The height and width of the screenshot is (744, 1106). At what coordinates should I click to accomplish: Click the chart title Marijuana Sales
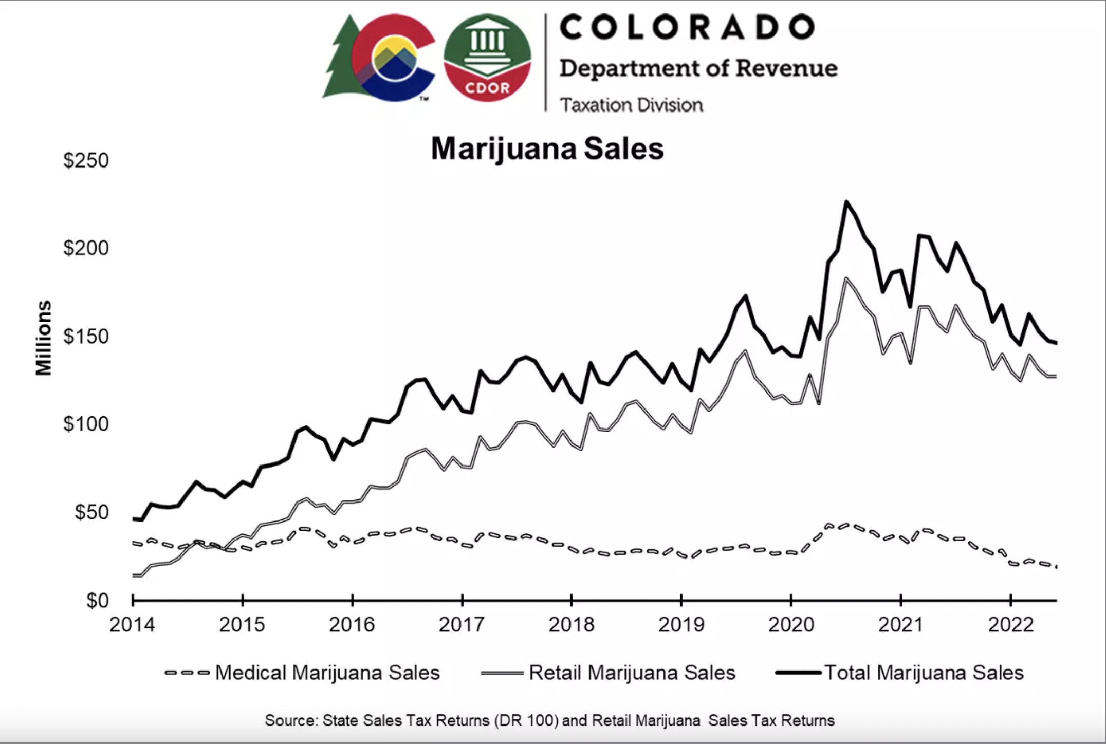coord(547,149)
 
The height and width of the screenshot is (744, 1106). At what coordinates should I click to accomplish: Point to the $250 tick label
coord(86,160)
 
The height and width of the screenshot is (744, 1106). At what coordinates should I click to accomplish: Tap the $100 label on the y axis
coord(86,424)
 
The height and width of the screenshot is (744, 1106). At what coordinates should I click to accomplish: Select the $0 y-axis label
coord(97,600)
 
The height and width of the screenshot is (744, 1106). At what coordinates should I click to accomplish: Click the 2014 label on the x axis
coord(132,625)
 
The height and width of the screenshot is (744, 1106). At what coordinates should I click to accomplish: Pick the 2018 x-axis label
coord(571,625)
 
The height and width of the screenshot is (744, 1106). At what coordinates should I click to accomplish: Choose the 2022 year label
coord(1010,625)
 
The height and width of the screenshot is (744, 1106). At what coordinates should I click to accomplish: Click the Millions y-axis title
coord(44,338)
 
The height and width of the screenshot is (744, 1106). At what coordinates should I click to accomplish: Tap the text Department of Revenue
coord(698,68)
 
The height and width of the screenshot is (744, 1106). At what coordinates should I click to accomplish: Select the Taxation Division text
coord(631,105)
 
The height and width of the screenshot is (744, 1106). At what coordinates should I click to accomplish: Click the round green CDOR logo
coord(487,58)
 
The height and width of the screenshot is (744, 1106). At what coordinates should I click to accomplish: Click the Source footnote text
coord(549,720)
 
